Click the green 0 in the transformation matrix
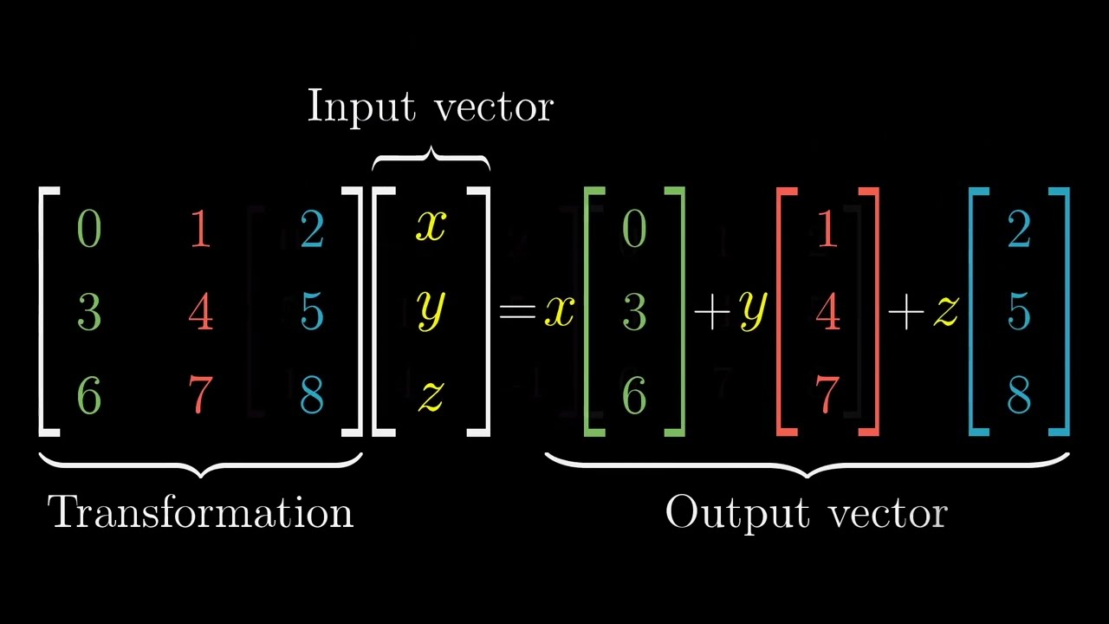(89, 229)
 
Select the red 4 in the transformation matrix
(200, 312)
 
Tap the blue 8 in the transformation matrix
(312, 394)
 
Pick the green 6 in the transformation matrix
(89, 394)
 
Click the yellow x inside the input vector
(431, 226)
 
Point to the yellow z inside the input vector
(431, 396)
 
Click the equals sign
(517, 311)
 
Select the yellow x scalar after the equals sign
(560, 311)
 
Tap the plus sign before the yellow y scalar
(712, 312)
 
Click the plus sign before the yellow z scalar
(906, 312)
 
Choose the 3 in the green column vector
(634, 312)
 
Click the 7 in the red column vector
(827, 394)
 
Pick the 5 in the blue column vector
(1019, 312)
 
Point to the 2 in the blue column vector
(1019, 229)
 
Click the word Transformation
(200, 512)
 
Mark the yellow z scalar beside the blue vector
(945, 311)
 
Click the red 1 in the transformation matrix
(200, 229)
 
